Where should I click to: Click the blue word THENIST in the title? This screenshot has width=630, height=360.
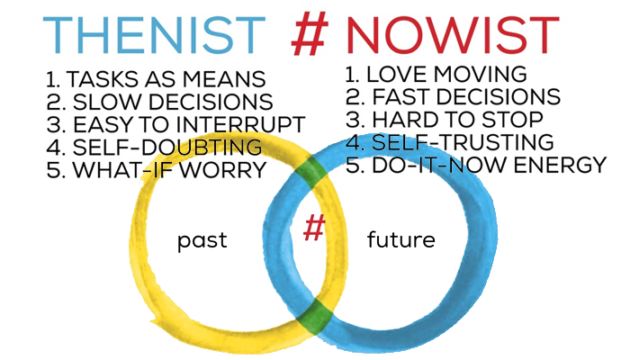(x=154, y=35)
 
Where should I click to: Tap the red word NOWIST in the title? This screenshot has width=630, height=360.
(x=452, y=35)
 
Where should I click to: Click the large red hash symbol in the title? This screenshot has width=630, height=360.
(x=310, y=33)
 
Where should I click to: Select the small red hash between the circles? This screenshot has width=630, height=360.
(x=314, y=228)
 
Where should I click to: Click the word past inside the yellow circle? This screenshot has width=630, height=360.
(x=202, y=240)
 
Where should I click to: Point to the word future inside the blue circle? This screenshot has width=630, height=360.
(x=401, y=239)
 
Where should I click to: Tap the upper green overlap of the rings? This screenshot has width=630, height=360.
(x=310, y=172)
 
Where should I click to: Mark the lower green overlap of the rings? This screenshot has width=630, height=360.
(x=315, y=316)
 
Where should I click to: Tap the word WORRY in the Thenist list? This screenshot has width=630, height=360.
(x=223, y=169)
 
